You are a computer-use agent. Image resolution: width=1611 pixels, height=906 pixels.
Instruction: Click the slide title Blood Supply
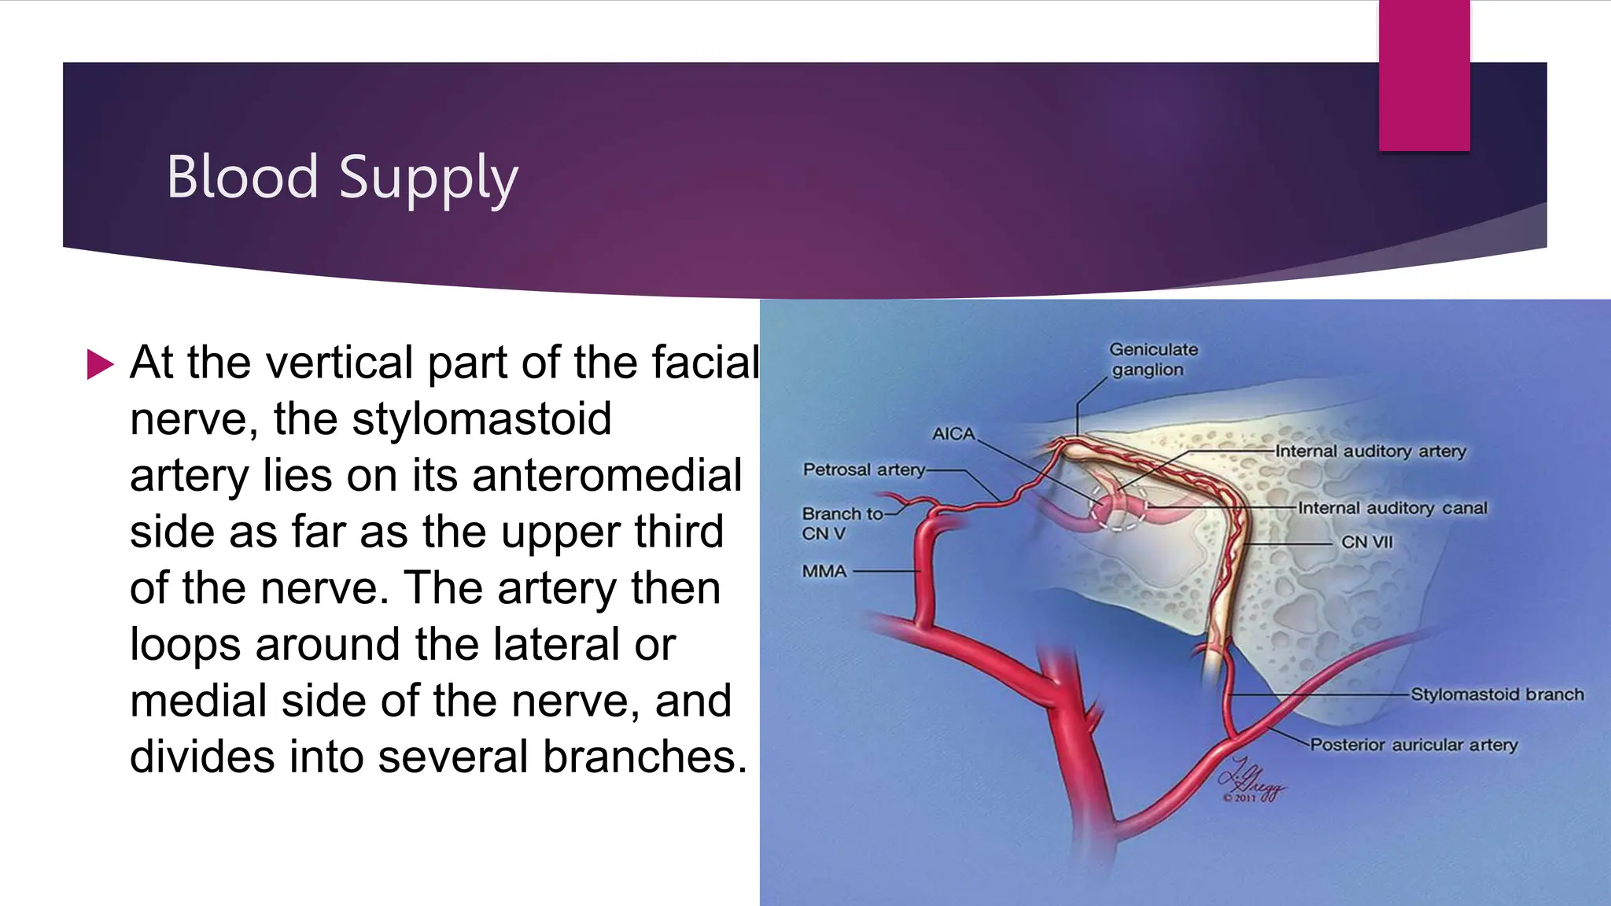point(342,178)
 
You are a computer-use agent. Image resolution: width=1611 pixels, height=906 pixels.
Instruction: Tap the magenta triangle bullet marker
point(100,364)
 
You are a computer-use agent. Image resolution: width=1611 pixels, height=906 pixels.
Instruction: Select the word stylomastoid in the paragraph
point(481,418)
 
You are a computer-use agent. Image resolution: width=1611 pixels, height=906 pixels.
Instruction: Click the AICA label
point(953,434)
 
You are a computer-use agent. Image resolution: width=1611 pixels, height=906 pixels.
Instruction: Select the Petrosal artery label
point(863,470)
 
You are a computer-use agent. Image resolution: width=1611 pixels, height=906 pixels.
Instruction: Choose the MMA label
point(824,571)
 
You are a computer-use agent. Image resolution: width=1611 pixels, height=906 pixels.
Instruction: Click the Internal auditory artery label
point(1370,451)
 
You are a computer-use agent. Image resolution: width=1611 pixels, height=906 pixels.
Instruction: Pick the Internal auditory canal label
point(1392,508)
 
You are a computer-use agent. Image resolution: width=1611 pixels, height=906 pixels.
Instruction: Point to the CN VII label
point(1366,542)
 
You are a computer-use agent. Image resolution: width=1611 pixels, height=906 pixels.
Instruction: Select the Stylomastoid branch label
point(1496,694)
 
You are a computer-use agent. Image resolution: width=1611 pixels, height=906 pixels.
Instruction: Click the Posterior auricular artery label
point(1413,745)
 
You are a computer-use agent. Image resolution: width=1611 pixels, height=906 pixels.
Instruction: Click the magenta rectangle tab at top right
point(1424,75)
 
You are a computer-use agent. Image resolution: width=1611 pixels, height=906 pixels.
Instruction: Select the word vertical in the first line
point(339,363)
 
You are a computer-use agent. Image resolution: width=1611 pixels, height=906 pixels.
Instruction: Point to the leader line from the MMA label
point(886,571)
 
